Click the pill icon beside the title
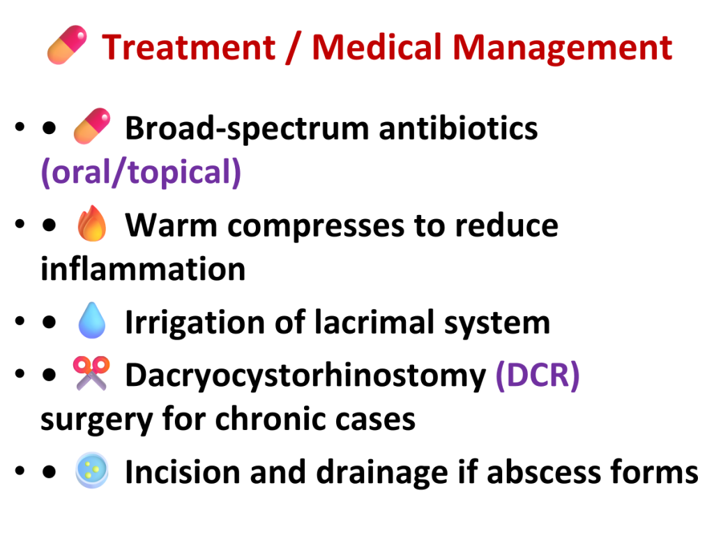[67, 45]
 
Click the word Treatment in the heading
[188, 47]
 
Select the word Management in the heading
[563, 47]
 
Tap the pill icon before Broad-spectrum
[92, 126]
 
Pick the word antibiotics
[458, 128]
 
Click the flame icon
[92, 223]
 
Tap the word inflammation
[143, 269]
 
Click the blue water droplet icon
[92, 320]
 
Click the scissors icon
[91, 373]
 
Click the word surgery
[96, 419]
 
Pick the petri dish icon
[92, 470]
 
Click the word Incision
[183, 472]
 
